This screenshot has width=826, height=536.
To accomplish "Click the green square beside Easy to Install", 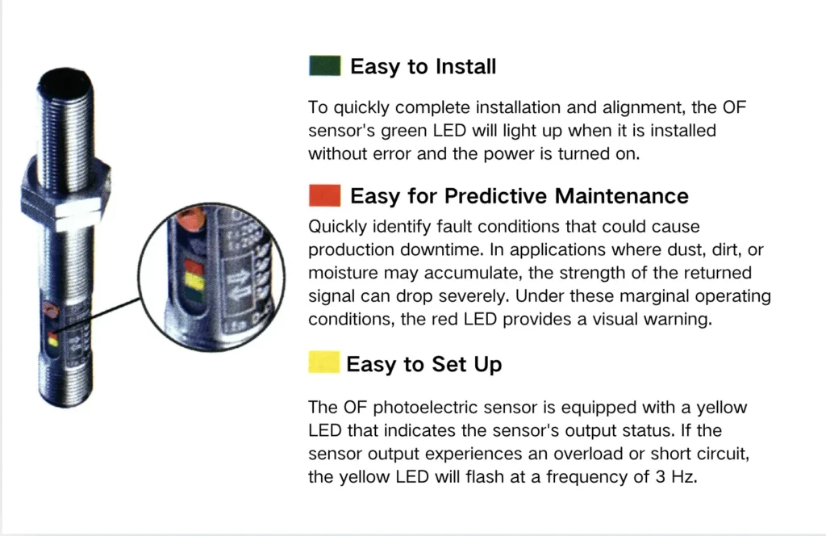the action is pos(324,66).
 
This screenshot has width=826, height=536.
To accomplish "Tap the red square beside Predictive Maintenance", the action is pos(324,195).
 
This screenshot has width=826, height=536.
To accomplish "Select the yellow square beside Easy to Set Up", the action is pos(324,362).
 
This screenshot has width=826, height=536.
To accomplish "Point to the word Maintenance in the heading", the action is pos(622,196).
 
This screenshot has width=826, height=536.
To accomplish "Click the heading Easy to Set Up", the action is pos(424,365).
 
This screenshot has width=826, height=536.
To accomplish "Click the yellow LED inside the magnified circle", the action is pos(194,282).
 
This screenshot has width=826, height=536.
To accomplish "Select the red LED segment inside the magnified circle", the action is pos(194,266).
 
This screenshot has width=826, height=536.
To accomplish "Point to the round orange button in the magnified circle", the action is pos(190,220).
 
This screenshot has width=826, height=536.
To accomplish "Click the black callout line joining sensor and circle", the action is pos(98,315).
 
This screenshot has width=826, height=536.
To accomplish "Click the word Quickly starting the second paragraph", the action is pos(337,227).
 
